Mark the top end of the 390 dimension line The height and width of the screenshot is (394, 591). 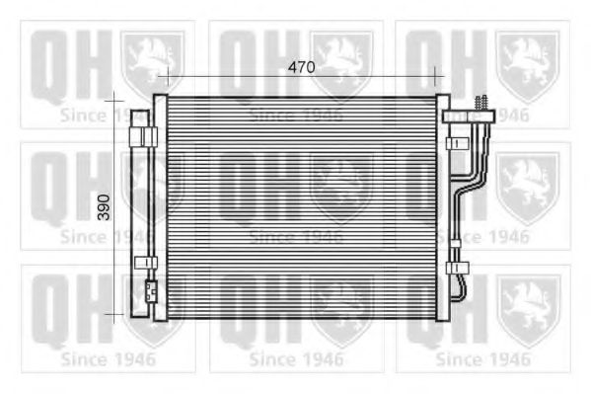(115, 98)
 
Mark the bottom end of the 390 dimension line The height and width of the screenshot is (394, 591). (115, 316)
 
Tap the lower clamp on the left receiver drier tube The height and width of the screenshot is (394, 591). (144, 262)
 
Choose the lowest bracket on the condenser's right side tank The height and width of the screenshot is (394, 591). (456, 267)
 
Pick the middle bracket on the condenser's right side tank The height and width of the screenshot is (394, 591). (456, 144)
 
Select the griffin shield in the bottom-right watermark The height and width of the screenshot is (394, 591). (528, 310)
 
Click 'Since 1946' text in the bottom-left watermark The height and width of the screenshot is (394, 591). (109, 358)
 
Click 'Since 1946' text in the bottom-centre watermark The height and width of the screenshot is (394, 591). (296, 358)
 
